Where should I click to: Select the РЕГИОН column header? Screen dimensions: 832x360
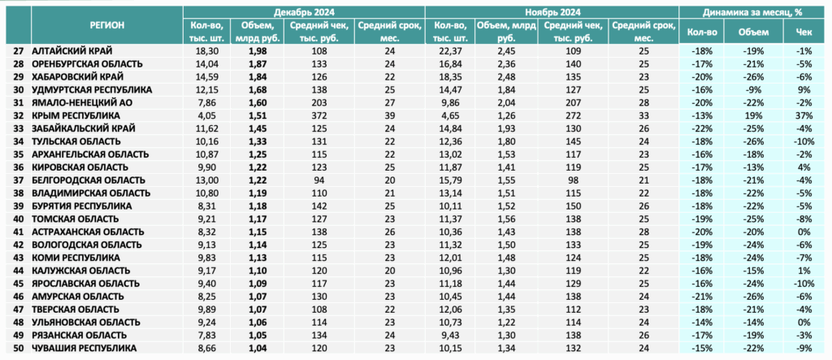click(x=106, y=25)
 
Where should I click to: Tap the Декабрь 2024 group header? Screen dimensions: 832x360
click(x=304, y=11)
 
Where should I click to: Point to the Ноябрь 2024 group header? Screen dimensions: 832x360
click(x=552, y=11)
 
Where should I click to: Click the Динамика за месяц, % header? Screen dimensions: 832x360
click(x=754, y=11)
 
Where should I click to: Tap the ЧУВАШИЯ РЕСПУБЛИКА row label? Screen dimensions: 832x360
click(x=84, y=349)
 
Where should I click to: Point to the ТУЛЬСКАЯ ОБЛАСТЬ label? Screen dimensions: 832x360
click(x=77, y=141)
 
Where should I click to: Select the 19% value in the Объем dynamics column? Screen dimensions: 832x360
click(x=753, y=115)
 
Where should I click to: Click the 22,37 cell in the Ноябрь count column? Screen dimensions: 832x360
click(x=450, y=51)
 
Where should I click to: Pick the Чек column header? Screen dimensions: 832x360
click(x=804, y=32)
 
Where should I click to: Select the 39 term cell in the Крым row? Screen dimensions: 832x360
click(x=389, y=115)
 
